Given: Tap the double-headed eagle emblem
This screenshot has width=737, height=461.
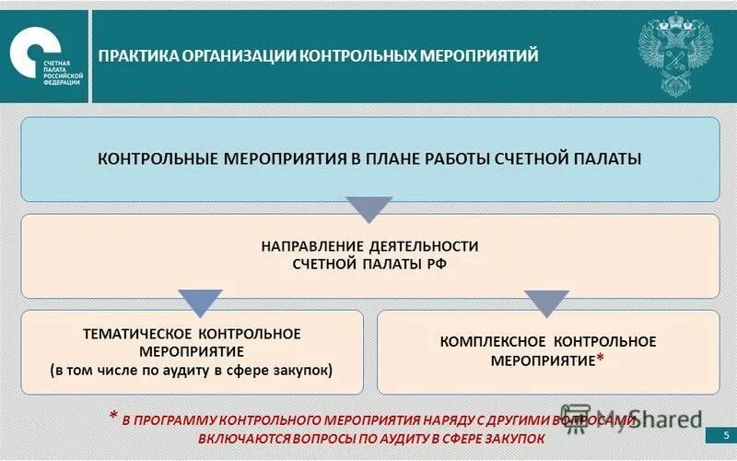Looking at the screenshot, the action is click(x=677, y=53).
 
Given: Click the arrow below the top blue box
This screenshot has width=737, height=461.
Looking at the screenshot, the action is click(x=368, y=209).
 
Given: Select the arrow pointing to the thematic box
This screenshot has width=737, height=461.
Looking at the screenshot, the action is click(x=199, y=301).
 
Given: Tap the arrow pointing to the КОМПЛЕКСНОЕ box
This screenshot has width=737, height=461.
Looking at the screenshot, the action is click(x=546, y=301).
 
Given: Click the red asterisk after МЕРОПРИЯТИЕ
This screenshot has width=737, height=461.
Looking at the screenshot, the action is click(x=600, y=359).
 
